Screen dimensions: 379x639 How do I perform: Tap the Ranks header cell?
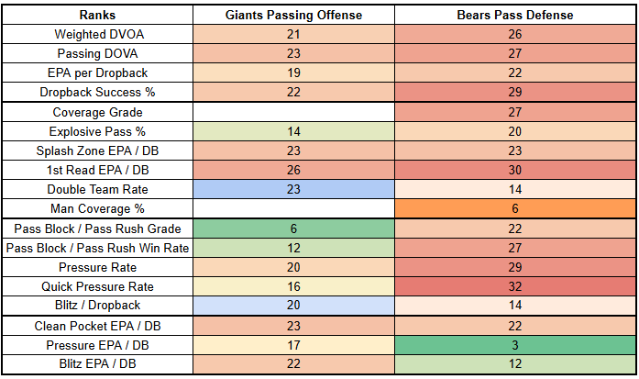click(x=96, y=16)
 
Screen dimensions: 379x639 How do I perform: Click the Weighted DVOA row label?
click(x=96, y=35)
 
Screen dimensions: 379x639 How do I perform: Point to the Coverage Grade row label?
click(x=96, y=112)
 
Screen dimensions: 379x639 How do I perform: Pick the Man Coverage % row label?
click(x=96, y=208)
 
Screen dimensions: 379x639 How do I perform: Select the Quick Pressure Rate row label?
click(x=96, y=286)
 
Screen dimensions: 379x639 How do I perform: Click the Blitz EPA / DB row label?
click(x=96, y=364)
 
